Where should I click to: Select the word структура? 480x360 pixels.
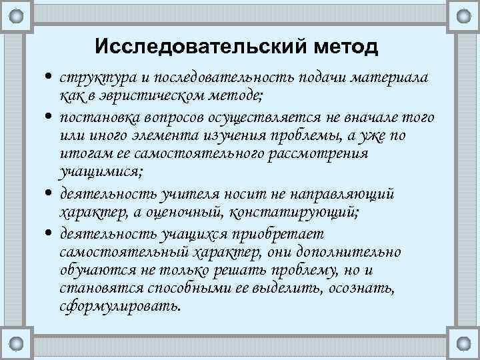pyautogui.click(x=89, y=80)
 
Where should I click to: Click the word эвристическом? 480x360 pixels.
pyautogui.click(x=147, y=98)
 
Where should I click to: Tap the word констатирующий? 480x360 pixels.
pyautogui.click(x=294, y=212)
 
